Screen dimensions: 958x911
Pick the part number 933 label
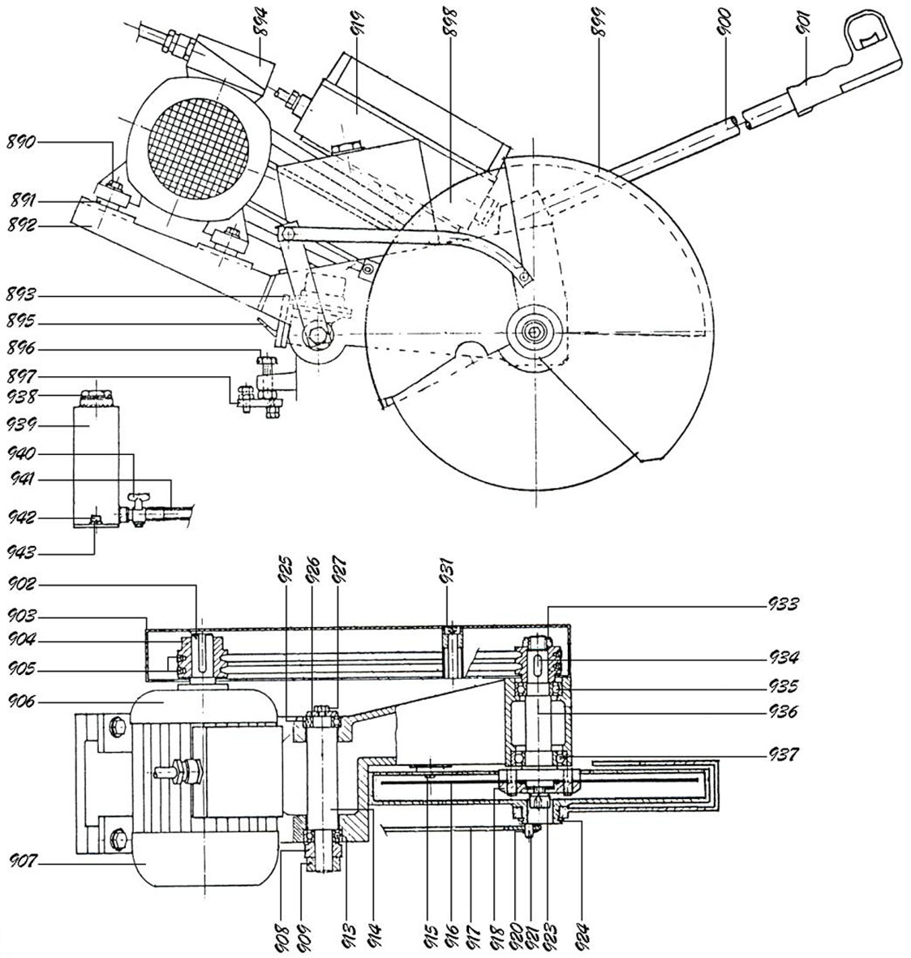[x=784, y=604]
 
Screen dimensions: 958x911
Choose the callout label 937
[x=784, y=754]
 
